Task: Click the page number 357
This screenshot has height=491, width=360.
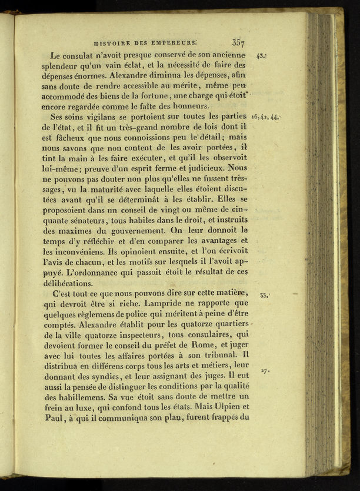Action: (238, 42)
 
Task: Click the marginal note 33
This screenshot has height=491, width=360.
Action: (264, 295)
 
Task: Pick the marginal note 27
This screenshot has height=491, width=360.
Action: (265, 371)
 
